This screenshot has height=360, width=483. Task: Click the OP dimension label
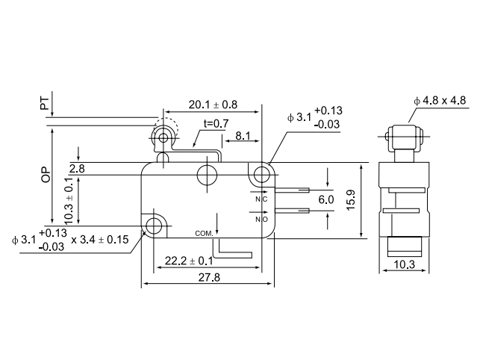(x=46, y=174)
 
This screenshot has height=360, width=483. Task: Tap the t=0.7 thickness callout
(x=216, y=123)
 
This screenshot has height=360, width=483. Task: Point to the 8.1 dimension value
(x=243, y=137)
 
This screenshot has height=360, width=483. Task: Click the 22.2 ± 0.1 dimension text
(x=187, y=261)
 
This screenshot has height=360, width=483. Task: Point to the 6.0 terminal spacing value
(x=326, y=200)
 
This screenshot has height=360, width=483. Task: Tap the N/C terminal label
(x=261, y=200)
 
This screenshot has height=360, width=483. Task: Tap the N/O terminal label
(x=261, y=219)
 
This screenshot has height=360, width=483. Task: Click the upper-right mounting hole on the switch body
(x=261, y=175)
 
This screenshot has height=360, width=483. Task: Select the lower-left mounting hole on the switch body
(x=155, y=225)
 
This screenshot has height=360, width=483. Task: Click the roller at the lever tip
(x=163, y=137)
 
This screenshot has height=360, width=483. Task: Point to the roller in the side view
(x=404, y=137)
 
